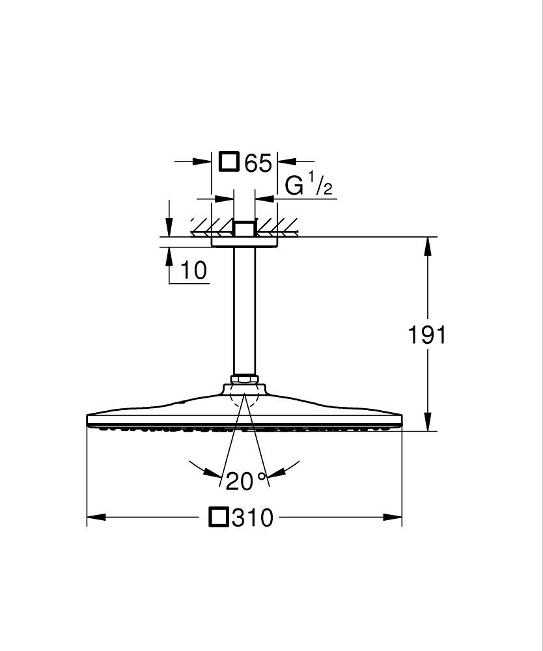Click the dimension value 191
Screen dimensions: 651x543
427,335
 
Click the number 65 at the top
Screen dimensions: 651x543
258,163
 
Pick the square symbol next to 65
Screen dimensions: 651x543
229,161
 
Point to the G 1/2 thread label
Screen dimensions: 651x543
309,186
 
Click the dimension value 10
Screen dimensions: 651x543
193,270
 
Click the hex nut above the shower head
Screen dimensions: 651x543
245,379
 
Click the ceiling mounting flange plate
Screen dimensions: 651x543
245,242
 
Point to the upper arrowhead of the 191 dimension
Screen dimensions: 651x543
428,243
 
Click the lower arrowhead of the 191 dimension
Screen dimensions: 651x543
428,424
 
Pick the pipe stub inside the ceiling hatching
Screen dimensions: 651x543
245,229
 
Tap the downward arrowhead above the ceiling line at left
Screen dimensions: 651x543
169,228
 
